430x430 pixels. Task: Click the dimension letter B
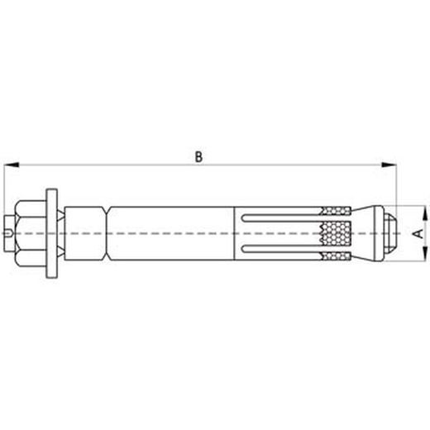198,157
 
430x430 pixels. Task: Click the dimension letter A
418,233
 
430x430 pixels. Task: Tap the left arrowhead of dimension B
12,165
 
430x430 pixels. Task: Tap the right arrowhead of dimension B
389,165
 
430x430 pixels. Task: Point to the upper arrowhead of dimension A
425,213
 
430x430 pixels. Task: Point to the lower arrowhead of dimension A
425,254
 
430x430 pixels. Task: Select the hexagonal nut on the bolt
31,233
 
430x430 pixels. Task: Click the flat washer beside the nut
52,233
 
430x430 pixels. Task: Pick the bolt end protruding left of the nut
10,233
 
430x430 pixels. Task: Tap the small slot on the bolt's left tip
8,233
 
